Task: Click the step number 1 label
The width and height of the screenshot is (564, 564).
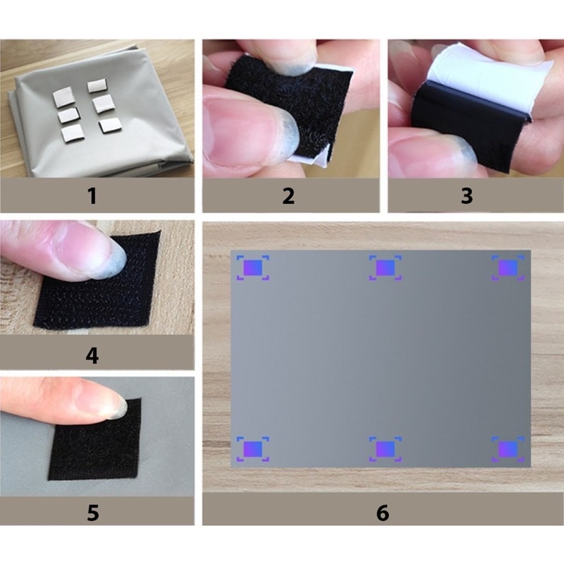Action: tap(92, 196)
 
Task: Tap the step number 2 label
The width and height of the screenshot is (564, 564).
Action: tap(288, 196)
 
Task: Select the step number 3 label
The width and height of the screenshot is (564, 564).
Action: tap(467, 196)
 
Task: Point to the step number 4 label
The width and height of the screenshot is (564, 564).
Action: tap(92, 355)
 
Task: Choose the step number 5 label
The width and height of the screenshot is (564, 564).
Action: tap(92, 513)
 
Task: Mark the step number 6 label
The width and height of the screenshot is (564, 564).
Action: tap(383, 513)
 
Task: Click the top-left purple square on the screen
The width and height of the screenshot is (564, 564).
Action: tap(253, 268)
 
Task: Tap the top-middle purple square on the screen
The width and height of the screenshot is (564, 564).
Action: tap(385, 268)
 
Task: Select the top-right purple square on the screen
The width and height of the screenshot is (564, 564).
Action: tap(508, 268)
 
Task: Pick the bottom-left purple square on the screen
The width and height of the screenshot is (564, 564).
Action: tap(253, 449)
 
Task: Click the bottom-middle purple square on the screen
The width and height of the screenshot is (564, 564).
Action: tap(385, 449)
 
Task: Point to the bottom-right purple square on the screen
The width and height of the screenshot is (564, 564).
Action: tap(508, 449)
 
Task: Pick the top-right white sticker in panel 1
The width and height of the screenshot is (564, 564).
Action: tap(97, 85)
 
